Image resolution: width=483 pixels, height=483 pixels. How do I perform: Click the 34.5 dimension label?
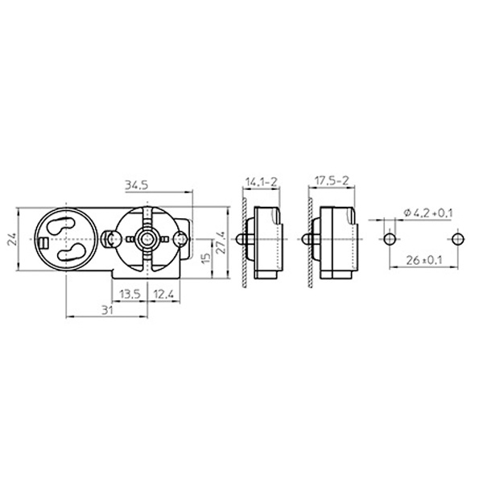(137, 185)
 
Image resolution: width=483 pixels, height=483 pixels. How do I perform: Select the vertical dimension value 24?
(12, 239)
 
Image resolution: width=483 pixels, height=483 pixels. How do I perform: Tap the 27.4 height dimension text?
(221, 242)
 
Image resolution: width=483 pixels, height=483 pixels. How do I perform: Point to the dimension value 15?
(207, 258)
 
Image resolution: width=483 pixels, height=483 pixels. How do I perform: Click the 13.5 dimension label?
(130, 295)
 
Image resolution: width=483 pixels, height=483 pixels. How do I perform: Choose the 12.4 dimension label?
(163, 295)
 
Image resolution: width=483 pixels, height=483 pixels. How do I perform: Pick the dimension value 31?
(107, 310)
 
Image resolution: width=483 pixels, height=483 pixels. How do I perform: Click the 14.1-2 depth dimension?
(261, 182)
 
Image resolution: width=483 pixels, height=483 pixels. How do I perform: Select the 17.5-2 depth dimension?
(332, 181)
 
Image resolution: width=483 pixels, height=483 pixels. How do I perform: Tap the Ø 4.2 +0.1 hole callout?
(428, 213)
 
